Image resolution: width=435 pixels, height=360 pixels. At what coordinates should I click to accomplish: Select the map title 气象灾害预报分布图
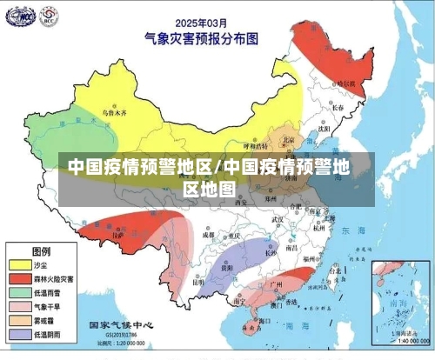[x=202, y=37]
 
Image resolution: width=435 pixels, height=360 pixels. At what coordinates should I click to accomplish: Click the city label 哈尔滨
[x=345, y=83]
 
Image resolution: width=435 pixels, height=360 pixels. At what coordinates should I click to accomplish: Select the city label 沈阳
[x=324, y=127]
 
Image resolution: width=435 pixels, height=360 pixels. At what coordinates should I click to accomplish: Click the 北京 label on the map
[x=287, y=140]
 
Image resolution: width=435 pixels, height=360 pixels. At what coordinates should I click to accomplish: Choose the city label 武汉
[x=278, y=221]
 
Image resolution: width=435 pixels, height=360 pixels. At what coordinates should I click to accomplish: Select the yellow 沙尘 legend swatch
[x=19, y=263]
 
